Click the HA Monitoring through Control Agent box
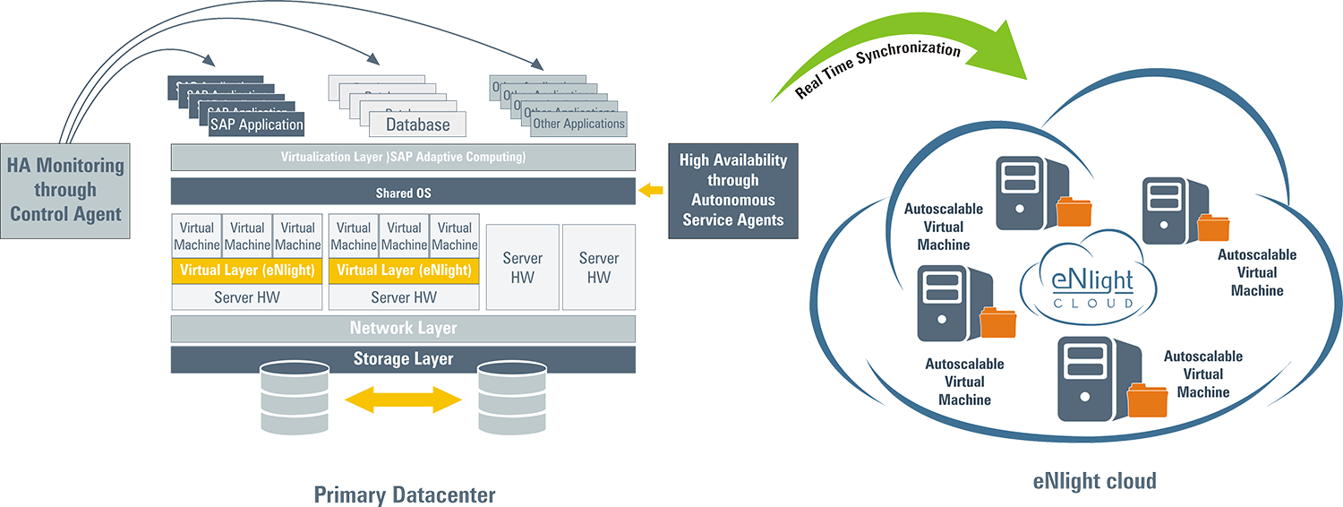tap(64, 190)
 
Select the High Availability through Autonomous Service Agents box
tap(732, 190)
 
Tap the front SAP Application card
tap(256, 125)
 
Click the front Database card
tap(417, 124)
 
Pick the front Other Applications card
tap(578, 124)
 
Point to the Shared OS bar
tap(403, 193)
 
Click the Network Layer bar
tap(403, 329)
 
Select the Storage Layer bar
tap(403, 359)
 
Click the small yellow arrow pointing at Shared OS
tap(654, 191)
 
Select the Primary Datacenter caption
tap(403, 494)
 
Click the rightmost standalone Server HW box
tap(599, 268)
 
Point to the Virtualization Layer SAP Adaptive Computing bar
tap(403, 158)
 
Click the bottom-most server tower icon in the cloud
tap(1086, 378)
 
